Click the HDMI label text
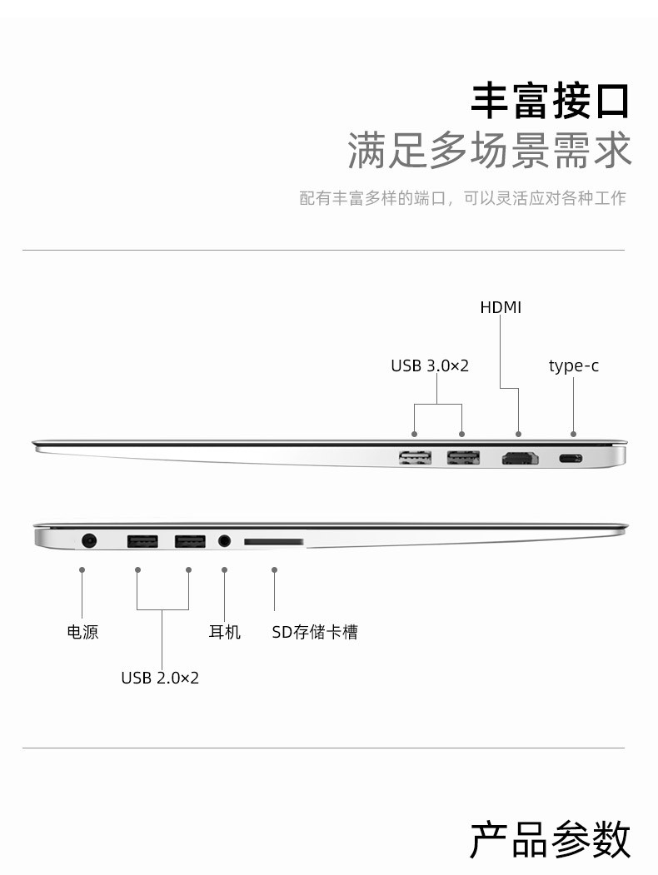[501, 307]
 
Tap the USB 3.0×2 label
[430, 366]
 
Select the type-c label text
[574, 366]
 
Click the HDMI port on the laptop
[520, 458]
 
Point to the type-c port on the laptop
[571, 459]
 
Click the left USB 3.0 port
[416, 458]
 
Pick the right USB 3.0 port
[463, 458]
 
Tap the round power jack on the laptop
[89, 540]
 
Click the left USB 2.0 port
[142, 541]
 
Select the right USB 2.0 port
[190, 541]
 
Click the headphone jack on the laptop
[224, 541]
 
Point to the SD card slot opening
[273, 541]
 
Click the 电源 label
[82, 632]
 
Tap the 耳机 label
[224, 632]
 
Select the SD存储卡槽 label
[315, 632]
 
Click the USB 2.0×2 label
[160, 678]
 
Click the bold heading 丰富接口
[551, 101]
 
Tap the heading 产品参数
[551, 840]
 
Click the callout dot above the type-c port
[573, 434]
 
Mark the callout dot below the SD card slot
[274, 569]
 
